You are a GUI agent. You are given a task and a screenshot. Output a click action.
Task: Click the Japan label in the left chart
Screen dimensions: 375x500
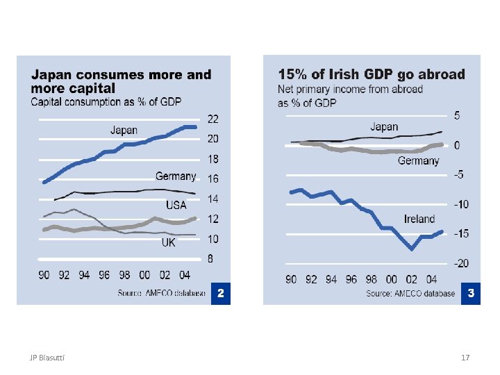coord(124,130)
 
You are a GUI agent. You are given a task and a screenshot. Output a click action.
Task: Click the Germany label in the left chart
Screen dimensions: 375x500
coord(175,176)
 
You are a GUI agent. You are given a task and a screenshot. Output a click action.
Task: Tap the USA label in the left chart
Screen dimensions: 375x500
coord(176,205)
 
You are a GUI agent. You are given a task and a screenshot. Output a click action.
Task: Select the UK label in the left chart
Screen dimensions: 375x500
coord(168,242)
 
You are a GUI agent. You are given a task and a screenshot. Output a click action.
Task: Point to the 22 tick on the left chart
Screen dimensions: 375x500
coord(213,119)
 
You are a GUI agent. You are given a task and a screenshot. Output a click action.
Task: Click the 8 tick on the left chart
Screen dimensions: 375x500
coord(211,259)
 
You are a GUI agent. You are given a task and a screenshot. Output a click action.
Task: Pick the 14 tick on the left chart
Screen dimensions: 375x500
coord(213,199)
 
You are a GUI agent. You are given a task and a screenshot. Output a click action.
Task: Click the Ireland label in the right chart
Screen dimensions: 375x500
coord(419,219)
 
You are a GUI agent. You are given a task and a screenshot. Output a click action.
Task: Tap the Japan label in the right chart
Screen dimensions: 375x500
coord(384,126)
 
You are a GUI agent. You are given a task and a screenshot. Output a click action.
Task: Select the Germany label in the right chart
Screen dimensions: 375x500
coord(418,161)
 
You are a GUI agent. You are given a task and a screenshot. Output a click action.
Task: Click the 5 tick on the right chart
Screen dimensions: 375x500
coord(456,115)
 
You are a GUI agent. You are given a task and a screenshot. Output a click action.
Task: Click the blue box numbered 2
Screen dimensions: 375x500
coord(219,294)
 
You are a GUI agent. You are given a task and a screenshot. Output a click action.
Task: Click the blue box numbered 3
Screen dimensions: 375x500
coord(470,294)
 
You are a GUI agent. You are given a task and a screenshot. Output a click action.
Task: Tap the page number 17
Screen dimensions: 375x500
coord(465,358)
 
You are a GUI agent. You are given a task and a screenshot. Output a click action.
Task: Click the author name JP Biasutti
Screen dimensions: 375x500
coord(47,358)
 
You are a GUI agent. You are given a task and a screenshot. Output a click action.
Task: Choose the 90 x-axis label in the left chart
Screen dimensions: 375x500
coord(44,275)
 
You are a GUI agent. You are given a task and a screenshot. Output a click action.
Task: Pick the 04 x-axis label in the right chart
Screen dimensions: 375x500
coord(431,279)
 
